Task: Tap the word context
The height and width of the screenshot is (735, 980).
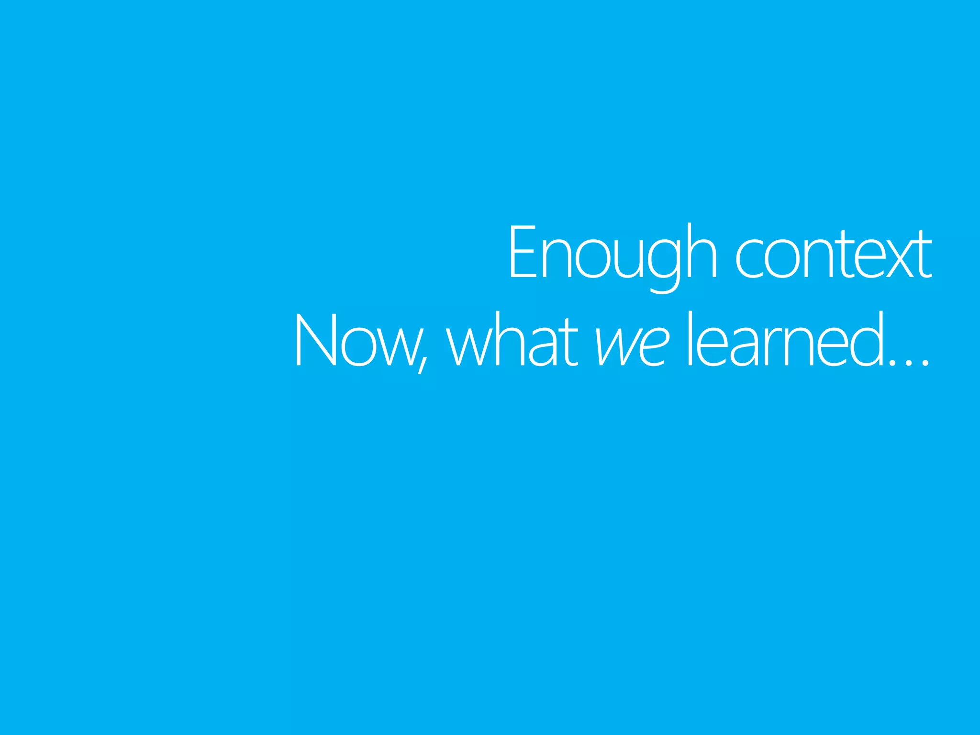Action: [x=833, y=254]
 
